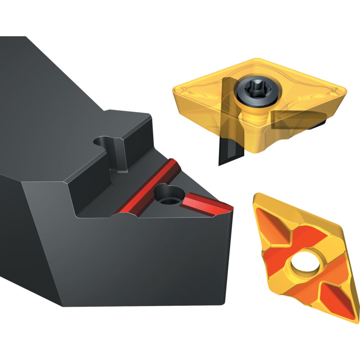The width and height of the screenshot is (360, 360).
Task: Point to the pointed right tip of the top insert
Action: pos(346,89)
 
